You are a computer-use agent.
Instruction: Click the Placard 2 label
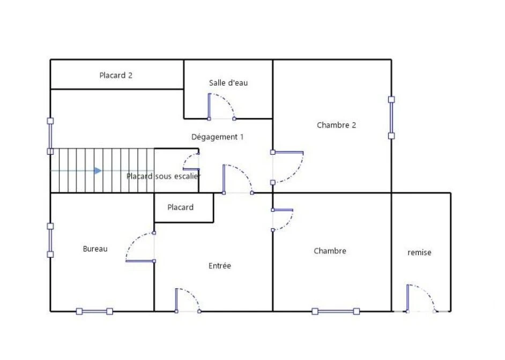116,76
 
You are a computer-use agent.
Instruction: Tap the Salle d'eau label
228,82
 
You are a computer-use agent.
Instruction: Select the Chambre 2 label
337,125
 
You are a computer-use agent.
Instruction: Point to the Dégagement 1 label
218,137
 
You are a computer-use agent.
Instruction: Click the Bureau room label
95,249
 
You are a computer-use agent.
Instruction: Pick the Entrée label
220,266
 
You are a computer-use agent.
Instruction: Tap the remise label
419,252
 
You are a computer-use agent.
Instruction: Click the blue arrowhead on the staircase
98,170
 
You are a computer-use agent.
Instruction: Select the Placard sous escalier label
164,176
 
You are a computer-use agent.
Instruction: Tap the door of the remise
408,298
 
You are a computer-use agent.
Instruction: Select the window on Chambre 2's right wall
391,117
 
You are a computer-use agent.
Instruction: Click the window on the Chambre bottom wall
336,311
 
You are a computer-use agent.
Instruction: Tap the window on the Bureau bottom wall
94,311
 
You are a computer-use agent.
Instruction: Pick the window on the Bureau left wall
50,240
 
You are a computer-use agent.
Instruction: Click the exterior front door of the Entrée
176,300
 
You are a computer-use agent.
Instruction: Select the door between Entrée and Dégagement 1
224,179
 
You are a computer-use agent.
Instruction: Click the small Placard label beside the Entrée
180,207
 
